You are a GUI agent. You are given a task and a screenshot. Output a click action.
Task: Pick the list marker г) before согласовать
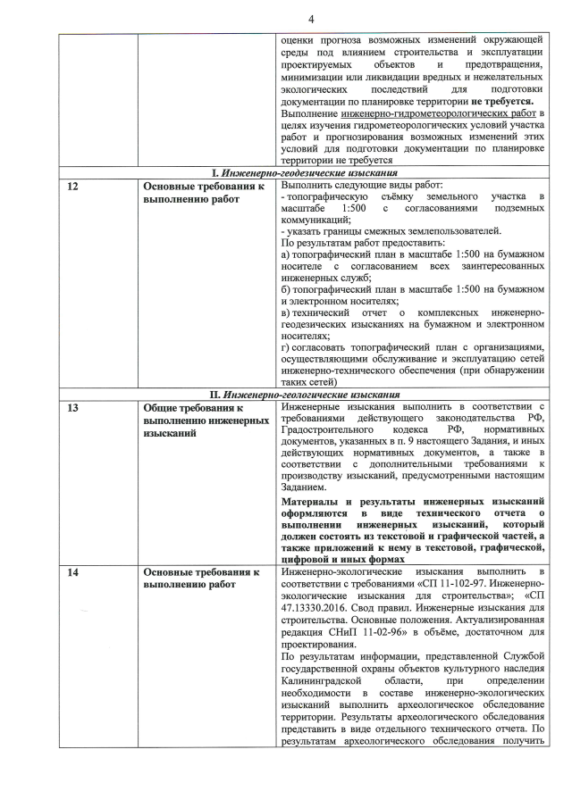click(285, 346)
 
